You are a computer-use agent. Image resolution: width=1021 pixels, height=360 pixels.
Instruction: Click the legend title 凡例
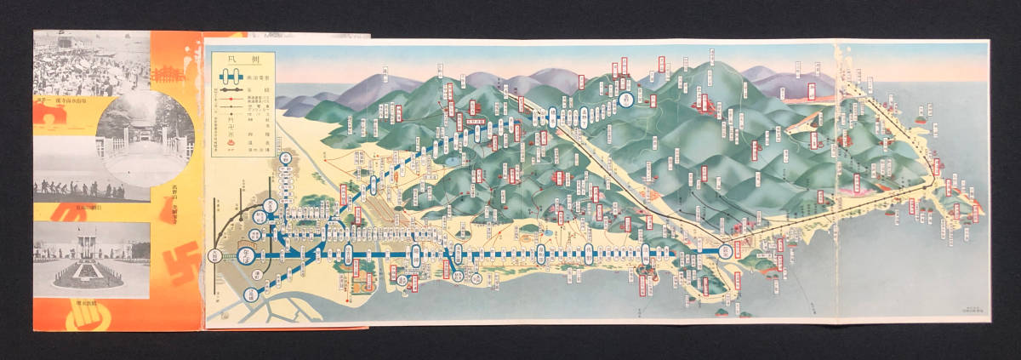(241, 60)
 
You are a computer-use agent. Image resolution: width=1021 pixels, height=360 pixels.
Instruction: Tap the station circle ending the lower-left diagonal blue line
(250, 295)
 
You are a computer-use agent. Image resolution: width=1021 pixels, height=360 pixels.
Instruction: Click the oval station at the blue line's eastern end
(725, 251)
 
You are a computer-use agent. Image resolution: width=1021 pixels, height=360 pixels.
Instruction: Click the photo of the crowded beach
(91, 64)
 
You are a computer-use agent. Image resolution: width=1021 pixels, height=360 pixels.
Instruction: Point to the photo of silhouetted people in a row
(77, 183)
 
